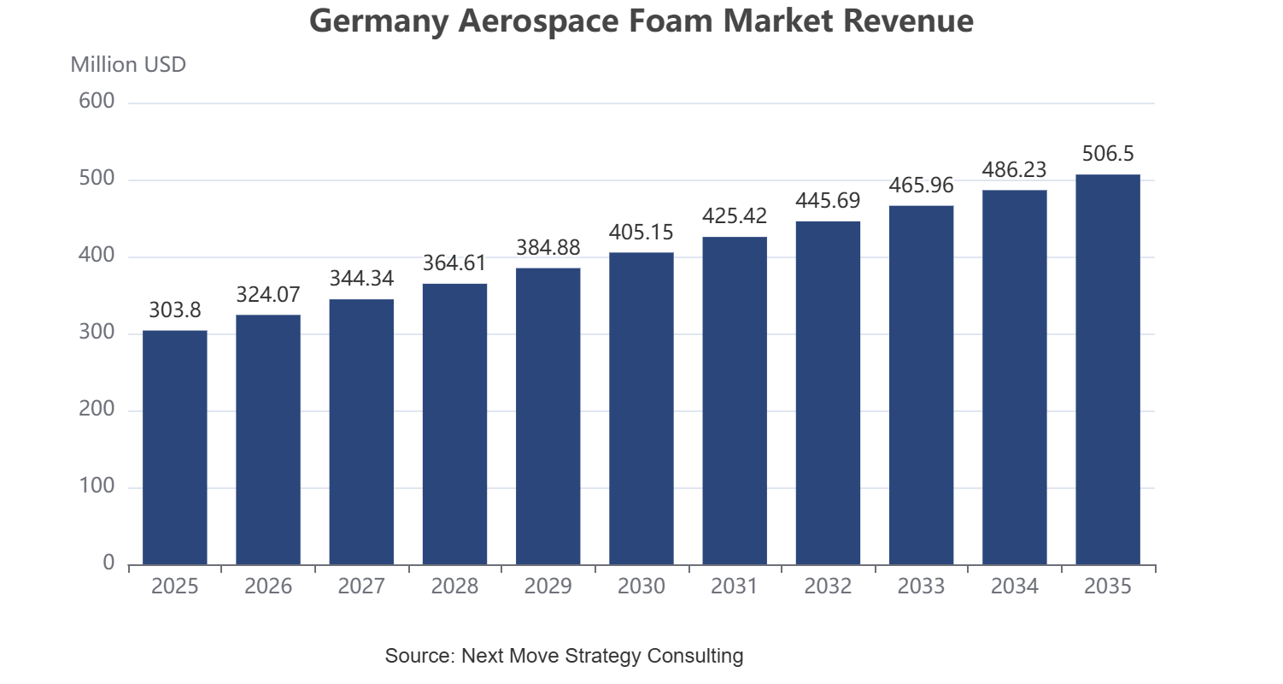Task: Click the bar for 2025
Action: tap(175, 447)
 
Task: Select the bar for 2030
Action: tap(641, 408)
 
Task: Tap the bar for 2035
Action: tap(1108, 369)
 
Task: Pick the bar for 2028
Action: tap(454, 424)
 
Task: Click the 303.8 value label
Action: tap(175, 310)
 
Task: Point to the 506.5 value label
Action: tap(1108, 154)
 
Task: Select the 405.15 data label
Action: tap(641, 233)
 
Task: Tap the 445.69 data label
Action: tap(828, 201)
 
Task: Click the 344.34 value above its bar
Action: tap(361, 279)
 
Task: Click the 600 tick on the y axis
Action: tap(97, 101)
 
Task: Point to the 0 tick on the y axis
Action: tap(108, 563)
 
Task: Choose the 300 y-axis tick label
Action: tap(97, 332)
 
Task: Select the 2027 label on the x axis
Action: tap(361, 587)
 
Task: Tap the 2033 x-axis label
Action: tap(921, 587)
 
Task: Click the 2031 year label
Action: tap(735, 587)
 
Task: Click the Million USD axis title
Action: tap(128, 65)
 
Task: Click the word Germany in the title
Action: tap(378, 21)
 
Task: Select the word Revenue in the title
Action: tap(908, 21)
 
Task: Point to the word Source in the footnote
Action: tap(420, 655)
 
